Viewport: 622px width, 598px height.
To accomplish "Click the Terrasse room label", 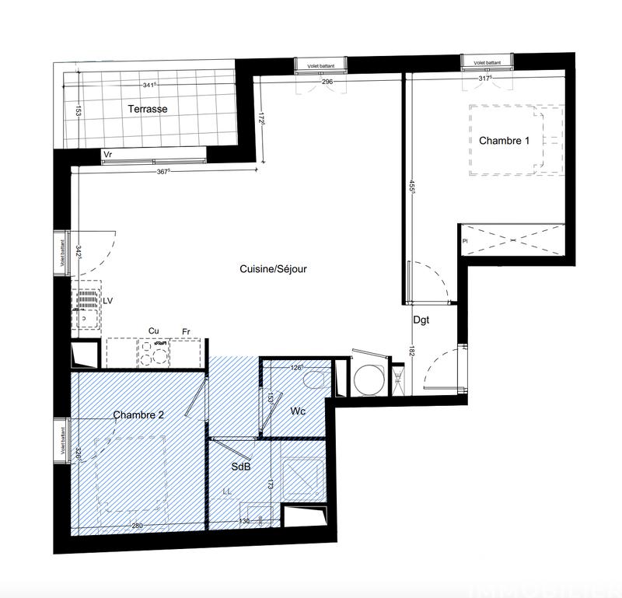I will click(147, 110).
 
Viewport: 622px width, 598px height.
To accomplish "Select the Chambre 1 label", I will click(504, 141).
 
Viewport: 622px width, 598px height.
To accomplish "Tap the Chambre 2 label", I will click(138, 414).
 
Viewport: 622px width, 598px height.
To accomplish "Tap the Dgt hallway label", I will click(421, 319).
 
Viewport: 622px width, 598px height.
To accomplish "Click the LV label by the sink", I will click(107, 300).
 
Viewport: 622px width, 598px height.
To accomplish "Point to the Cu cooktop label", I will click(154, 331).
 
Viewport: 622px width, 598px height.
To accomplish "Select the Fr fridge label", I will click(187, 331).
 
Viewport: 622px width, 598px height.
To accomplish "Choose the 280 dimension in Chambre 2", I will click(137, 526).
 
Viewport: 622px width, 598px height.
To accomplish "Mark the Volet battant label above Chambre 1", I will click(487, 61).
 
